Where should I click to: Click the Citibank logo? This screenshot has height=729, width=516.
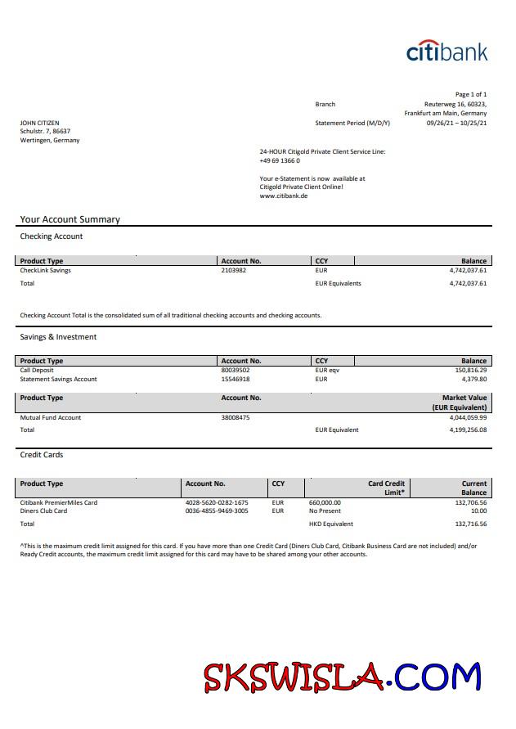click(x=446, y=51)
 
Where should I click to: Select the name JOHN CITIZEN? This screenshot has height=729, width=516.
click(x=39, y=123)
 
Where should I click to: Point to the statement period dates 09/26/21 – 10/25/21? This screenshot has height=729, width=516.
click(x=456, y=123)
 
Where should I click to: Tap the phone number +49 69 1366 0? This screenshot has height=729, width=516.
click(x=280, y=160)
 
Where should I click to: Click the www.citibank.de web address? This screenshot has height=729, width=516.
click(x=283, y=196)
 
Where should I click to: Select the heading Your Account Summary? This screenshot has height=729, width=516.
click(x=70, y=219)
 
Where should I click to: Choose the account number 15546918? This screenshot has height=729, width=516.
click(x=236, y=379)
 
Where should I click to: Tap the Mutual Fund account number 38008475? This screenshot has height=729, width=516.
click(x=236, y=417)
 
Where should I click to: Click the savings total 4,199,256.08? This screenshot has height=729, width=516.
click(x=468, y=430)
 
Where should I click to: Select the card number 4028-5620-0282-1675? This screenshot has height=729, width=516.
click(x=217, y=502)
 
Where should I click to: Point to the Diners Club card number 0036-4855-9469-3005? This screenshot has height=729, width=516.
click(x=217, y=511)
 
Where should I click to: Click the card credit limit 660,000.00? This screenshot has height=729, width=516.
click(x=325, y=502)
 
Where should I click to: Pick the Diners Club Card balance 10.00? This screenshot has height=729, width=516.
click(x=478, y=511)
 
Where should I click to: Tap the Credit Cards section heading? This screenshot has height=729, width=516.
click(x=41, y=454)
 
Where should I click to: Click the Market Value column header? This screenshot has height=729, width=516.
click(x=464, y=398)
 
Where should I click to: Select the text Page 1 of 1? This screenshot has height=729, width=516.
click(x=470, y=95)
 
